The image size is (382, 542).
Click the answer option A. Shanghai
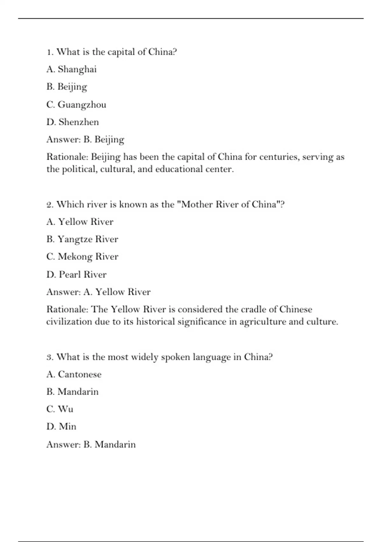pos(72,69)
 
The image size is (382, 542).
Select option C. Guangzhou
pos(76,105)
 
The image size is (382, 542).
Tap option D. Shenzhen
pos(73,122)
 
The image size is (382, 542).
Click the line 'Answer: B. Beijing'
pos(85,139)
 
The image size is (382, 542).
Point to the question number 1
pos(49,52)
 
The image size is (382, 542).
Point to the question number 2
pos(50,204)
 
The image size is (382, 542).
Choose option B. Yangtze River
pos(82,239)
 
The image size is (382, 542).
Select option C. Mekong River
pos(82,257)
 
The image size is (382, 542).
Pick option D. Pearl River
pos(76,274)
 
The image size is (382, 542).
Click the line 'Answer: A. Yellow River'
pos(98,292)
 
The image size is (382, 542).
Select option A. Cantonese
pos(74,374)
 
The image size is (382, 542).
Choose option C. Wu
pos(60,409)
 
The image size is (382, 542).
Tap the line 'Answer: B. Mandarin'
pos(91,444)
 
